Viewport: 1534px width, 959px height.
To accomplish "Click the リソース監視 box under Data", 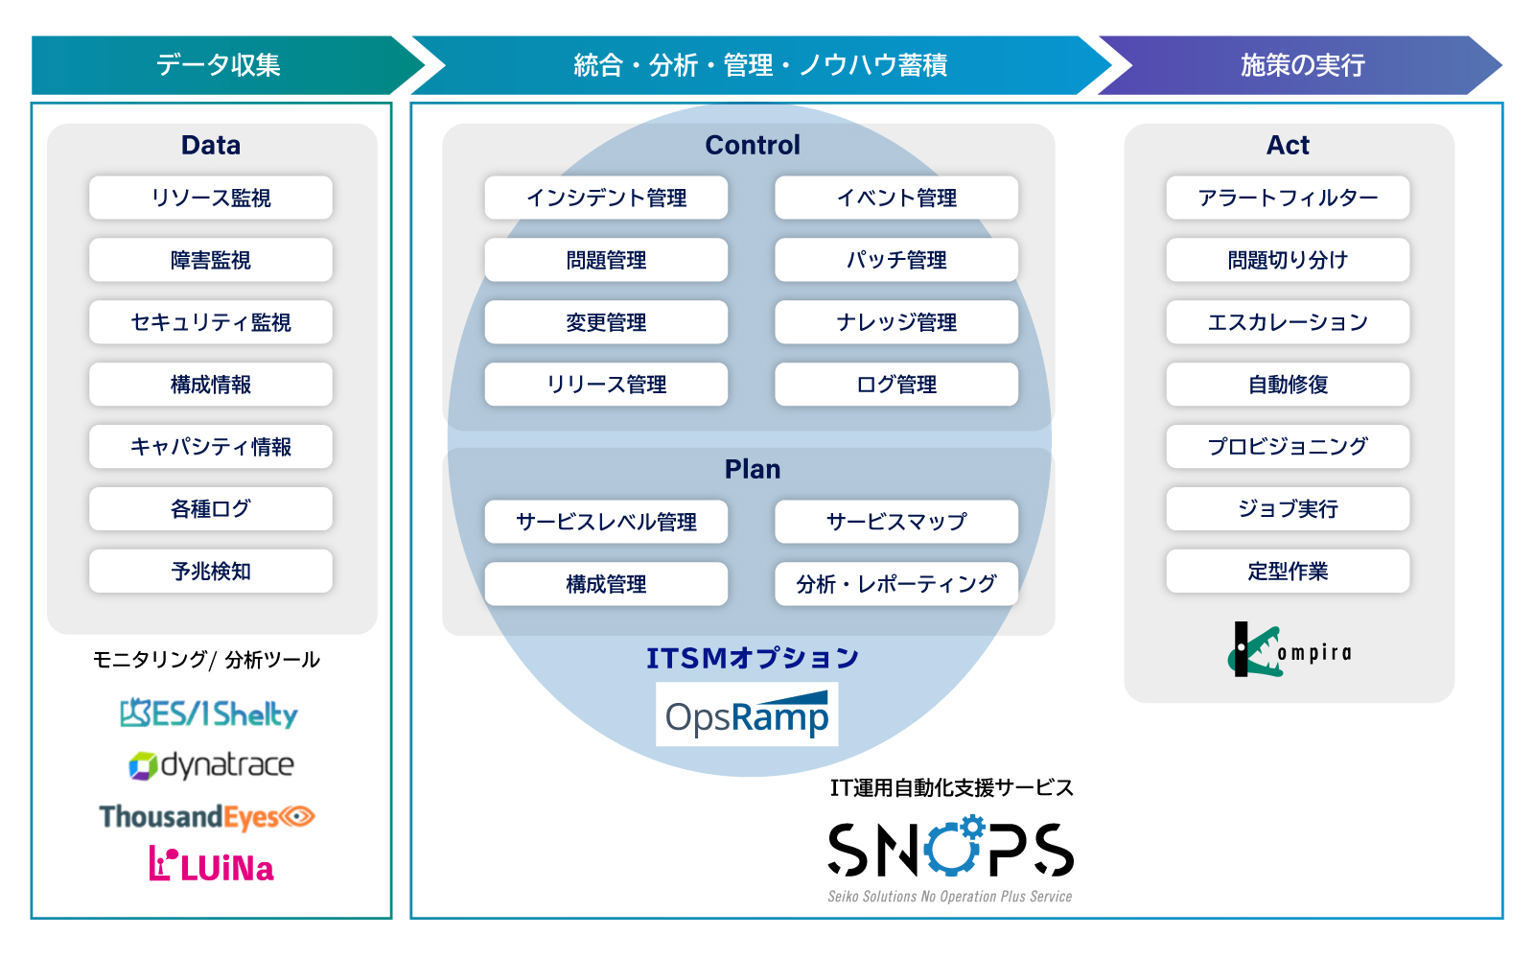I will click(x=211, y=198).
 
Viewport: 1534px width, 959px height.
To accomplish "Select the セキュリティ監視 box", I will click(x=211, y=322).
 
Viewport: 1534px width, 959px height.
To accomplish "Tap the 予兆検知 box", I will click(x=211, y=572).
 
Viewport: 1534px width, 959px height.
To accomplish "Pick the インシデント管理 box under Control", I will click(x=606, y=198).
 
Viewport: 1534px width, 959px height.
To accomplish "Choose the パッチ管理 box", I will click(x=896, y=260).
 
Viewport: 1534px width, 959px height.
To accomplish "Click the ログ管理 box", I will click(x=896, y=385).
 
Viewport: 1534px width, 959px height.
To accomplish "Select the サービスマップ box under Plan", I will click(x=896, y=522).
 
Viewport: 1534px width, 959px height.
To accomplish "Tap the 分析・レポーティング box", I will click(x=896, y=584).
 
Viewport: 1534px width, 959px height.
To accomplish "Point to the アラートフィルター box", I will click(x=1288, y=198).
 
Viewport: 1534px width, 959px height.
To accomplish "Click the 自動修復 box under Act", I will click(x=1288, y=385).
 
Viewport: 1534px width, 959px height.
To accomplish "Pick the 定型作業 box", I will click(x=1288, y=572).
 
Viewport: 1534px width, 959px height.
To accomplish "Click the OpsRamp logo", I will click(x=747, y=715).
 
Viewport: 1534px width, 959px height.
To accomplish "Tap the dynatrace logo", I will click(x=212, y=765).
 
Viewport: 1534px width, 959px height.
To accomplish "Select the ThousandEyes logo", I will click(x=207, y=817).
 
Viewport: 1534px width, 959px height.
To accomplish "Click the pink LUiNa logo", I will click(x=212, y=865).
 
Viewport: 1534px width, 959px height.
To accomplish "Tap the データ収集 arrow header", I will click(x=219, y=65).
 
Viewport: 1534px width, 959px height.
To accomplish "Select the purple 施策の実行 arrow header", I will click(x=1301, y=65).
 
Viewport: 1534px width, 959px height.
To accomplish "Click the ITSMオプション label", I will click(x=752, y=658).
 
